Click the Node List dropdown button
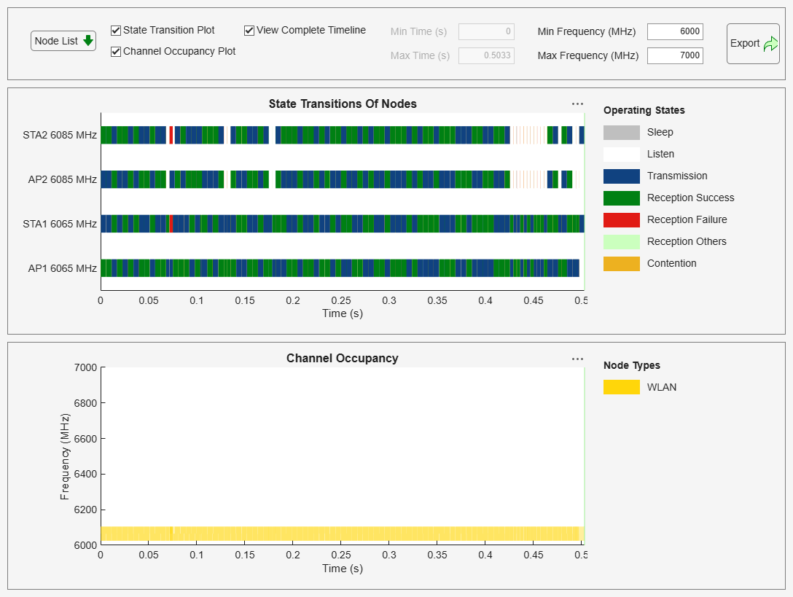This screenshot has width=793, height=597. click(x=63, y=41)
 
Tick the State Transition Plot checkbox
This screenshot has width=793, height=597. click(x=116, y=31)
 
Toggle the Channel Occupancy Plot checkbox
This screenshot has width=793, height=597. click(x=116, y=52)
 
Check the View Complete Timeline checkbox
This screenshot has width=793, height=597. click(x=249, y=31)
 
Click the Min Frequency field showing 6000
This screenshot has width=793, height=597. click(x=674, y=31)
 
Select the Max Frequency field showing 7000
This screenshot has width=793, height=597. click(x=674, y=55)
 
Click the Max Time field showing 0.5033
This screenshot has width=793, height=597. click(x=486, y=55)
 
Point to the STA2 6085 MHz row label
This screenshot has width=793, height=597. click(x=60, y=135)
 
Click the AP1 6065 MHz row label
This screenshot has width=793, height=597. click(x=62, y=268)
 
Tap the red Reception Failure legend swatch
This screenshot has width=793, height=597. click(x=621, y=219)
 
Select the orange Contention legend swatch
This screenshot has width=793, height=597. click(x=621, y=263)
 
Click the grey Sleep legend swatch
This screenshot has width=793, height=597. click(x=621, y=132)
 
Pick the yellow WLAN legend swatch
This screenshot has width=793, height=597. click(x=621, y=387)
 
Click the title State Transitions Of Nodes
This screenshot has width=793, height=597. click(x=343, y=104)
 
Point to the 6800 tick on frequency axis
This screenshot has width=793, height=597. click(x=85, y=403)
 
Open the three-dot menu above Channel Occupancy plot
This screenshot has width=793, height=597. click(x=577, y=359)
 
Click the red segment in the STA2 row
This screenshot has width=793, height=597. click(x=171, y=135)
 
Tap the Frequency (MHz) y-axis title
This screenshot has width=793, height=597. click(x=65, y=456)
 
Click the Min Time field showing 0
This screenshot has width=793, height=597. click(x=486, y=31)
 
